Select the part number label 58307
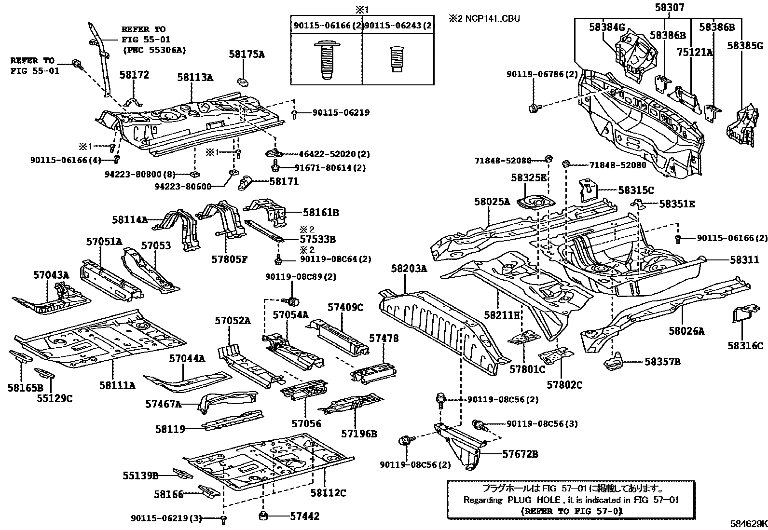click(x=669, y=8)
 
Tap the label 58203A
click(x=409, y=269)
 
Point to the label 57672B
click(x=520, y=454)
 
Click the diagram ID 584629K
click(x=748, y=523)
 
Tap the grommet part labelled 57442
click(x=264, y=516)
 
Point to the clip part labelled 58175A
click(x=242, y=79)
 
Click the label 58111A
click(x=117, y=385)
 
